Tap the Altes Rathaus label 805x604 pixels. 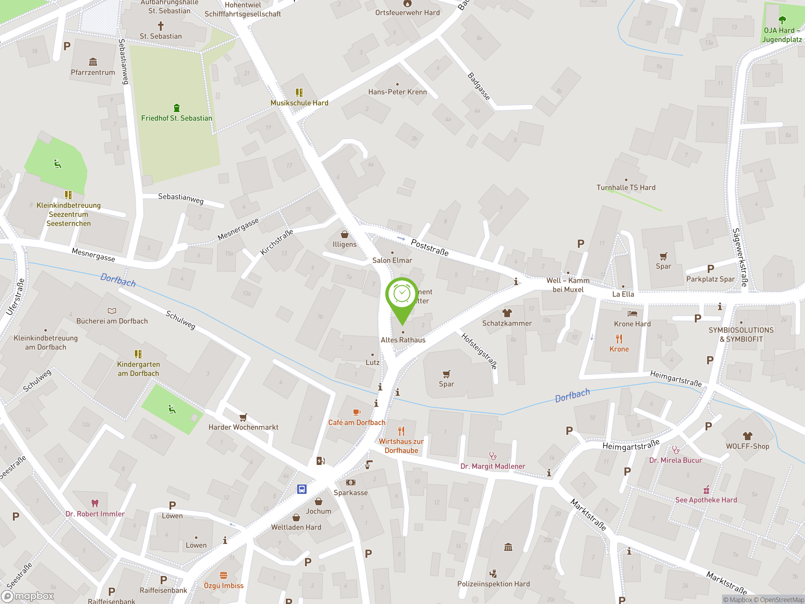[x=403, y=340]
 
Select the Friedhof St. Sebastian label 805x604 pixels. [x=176, y=118]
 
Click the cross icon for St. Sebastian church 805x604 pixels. [x=160, y=26]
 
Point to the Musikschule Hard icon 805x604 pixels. [x=299, y=92]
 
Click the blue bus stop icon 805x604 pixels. [x=302, y=489]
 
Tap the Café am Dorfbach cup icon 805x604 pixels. [x=357, y=412]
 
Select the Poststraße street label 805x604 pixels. [x=430, y=248]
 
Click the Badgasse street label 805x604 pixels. [x=479, y=86]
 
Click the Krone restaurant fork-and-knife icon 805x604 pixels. [x=619, y=339]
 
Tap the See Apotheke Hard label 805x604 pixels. [x=706, y=500]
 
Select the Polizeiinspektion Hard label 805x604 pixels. [x=493, y=584]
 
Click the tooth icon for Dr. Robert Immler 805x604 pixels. [x=95, y=503]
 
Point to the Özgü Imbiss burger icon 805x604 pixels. [x=224, y=575]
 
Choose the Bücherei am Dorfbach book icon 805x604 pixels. [x=112, y=310]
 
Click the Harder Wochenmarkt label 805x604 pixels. [x=243, y=427]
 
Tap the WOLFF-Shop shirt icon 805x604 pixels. [x=747, y=436]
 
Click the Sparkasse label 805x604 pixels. [x=351, y=493]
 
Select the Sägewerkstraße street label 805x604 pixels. [x=740, y=257]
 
